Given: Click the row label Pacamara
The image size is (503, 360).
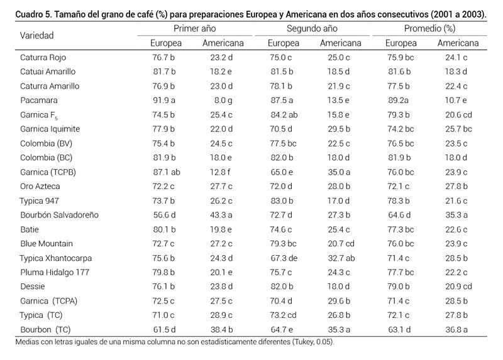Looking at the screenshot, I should tap(39, 100).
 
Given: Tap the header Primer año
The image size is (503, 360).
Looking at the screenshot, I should tap(195, 29).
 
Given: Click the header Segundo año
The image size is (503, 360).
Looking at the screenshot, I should tap(312, 29).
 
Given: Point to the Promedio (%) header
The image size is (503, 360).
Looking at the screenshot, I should tap(429, 29).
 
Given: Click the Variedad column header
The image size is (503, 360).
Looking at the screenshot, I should tap(37, 35).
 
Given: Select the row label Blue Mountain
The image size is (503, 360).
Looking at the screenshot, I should tap(47, 244).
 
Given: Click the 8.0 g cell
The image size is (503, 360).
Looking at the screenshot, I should tap(225, 100).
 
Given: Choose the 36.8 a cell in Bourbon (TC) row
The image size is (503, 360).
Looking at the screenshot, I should tap(458, 330).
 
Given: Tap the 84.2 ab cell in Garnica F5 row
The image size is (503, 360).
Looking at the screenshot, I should tap(284, 114).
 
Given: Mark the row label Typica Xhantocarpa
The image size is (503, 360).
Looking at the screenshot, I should tap(57, 258).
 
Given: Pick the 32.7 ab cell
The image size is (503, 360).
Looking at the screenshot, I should tap(340, 258).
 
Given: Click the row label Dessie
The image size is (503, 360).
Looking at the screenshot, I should tap(33, 286).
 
